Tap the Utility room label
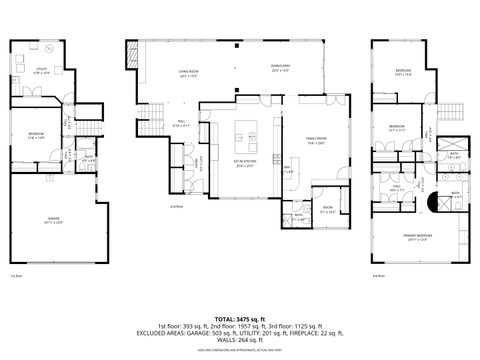point(41,71)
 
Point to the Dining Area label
point(280,69)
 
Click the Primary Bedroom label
point(418,238)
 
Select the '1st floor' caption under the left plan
point(15,276)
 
